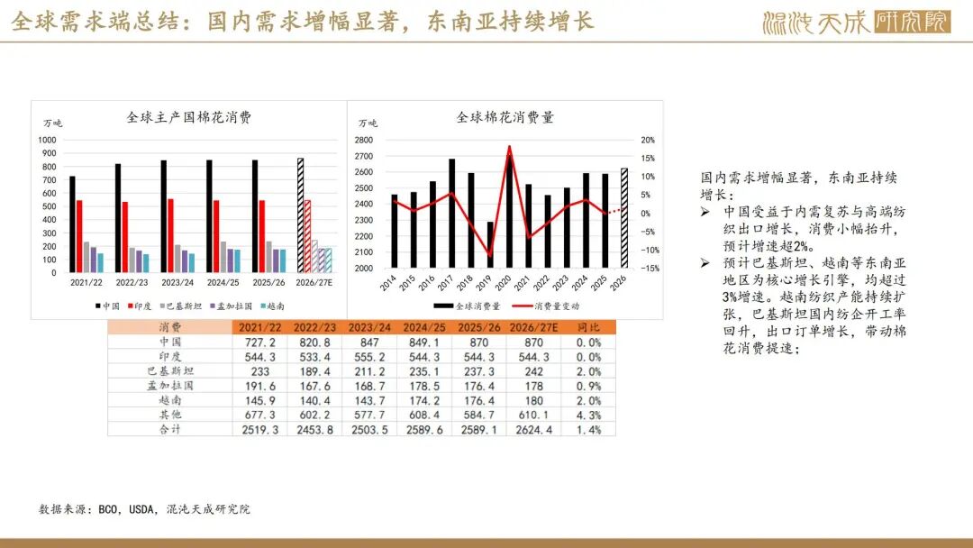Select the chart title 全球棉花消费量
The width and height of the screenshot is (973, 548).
point(505,117)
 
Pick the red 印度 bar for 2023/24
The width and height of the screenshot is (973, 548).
point(171,235)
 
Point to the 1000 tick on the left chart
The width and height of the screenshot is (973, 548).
point(47,140)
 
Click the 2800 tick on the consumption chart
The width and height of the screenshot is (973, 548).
point(364,140)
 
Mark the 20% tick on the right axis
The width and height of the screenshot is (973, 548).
point(647,140)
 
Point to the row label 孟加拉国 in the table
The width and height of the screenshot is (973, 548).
point(170,386)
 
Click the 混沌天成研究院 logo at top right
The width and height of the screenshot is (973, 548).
point(856,22)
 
